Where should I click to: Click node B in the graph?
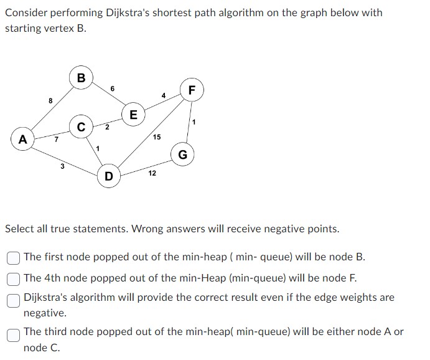(81, 78)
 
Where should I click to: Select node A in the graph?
(23, 139)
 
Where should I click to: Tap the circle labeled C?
(81, 126)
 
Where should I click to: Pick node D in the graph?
(109, 176)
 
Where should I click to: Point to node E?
(133, 115)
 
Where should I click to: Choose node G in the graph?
(182, 154)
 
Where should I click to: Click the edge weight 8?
(50, 100)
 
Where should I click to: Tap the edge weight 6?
(112, 88)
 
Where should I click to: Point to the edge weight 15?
(156, 136)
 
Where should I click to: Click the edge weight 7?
(56, 139)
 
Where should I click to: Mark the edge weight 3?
(62, 166)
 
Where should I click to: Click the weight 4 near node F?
(163, 95)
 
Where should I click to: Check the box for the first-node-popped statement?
(12, 257)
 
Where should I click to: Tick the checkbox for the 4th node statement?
(12, 277)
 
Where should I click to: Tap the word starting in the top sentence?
(25, 29)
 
